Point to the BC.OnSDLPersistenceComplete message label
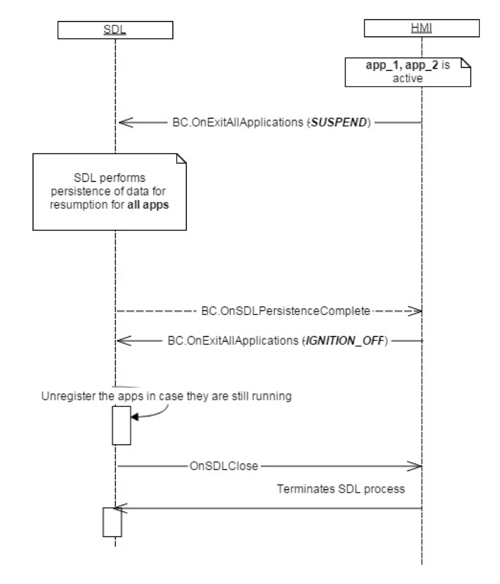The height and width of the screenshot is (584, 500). pos(286,311)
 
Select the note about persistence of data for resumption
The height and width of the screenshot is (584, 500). pos(109,192)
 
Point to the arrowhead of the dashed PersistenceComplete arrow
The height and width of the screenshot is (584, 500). pos(416,311)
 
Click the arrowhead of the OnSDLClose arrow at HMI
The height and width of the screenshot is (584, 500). pos(416,466)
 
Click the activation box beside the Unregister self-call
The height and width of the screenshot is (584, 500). pos(121,425)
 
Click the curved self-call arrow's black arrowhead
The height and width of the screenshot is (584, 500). pos(135,416)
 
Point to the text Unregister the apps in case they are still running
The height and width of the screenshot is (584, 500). pos(166,396)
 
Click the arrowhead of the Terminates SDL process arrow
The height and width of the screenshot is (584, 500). pos(119,508)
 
